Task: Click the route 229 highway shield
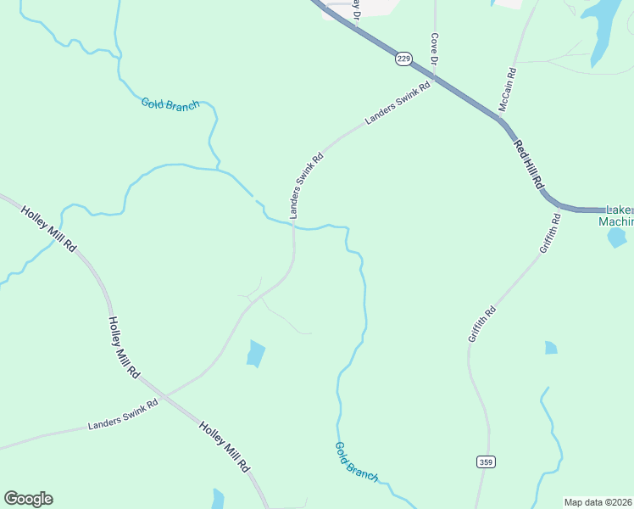[x=403, y=59]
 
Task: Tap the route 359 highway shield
[x=484, y=461]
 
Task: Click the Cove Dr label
[x=434, y=49]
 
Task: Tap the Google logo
[x=28, y=499]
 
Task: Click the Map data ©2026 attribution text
[x=598, y=502]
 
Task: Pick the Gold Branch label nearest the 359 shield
[x=356, y=461]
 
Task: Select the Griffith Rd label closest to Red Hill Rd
[x=550, y=234]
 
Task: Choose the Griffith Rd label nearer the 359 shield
[x=481, y=324]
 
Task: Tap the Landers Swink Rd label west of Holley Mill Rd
[x=123, y=415]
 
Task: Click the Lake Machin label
[x=616, y=216]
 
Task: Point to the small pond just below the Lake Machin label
[x=617, y=238]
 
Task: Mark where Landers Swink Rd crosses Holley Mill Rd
[x=165, y=395]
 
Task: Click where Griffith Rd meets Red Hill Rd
[x=560, y=206]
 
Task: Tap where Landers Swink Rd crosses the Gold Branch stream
[x=293, y=225]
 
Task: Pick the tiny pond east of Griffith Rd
[x=551, y=348]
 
